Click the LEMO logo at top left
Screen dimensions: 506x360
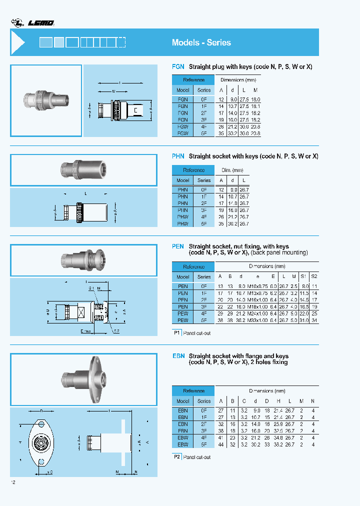[x=33, y=22]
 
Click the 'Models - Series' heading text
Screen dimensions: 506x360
[x=201, y=42]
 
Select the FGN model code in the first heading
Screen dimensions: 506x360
[x=178, y=66]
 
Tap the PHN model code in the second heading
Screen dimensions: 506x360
[x=178, y=156]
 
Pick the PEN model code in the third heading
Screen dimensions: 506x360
[x=178, y=246]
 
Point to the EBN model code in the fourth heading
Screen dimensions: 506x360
[x=178, y=356]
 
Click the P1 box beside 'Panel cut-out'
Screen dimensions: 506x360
[x=176, y=332]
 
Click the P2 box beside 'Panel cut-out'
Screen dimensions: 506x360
[x=176, y=457]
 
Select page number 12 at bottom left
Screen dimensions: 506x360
[x=13, y=482]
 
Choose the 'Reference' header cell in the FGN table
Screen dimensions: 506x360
[x=193, y=80]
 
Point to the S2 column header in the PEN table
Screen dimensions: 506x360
[x=313, y=276]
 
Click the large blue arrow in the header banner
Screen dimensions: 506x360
[x=18, y=42]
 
